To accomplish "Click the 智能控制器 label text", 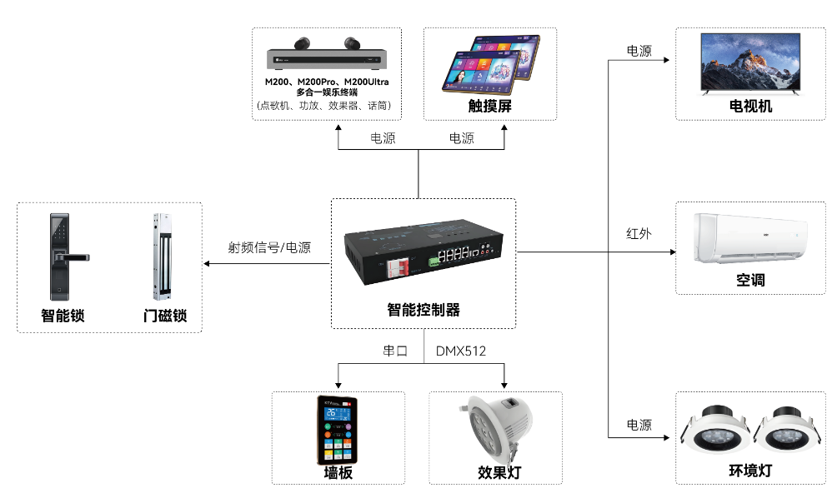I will [424, 310].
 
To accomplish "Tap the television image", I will [750, 65].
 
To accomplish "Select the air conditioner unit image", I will [750, 240].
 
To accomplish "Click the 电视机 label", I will [750, 107].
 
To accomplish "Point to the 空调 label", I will [750, 280].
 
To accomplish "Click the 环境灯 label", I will [750, 471].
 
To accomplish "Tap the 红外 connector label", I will [639, 234].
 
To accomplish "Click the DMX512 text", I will [461, 351].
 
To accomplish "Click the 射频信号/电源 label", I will [269, 247].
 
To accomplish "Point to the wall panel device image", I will [338, 430].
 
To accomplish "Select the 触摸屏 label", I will [489, 107].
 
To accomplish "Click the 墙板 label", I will [338, 472].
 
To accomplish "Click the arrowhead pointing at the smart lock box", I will [208, 265].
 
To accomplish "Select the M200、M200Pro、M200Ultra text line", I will [327, 82].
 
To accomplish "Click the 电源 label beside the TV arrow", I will [639, 52].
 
